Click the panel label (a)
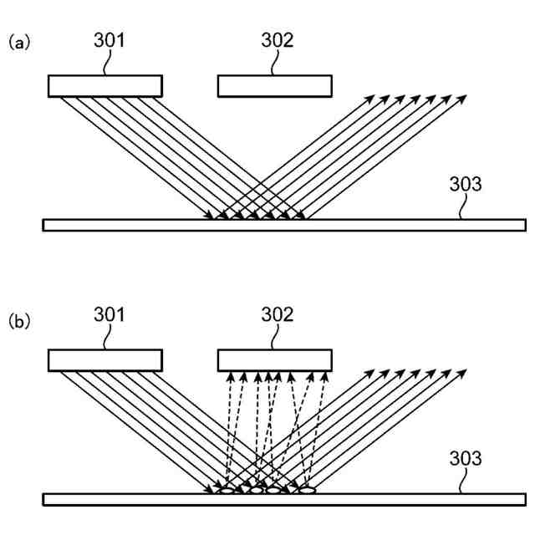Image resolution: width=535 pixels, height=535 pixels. [x=19, y=42]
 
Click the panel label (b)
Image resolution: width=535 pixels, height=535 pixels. [x=19, y=320]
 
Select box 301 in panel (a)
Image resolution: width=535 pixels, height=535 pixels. [x=104, y=86]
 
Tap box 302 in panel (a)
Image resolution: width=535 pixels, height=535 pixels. [x=274, y=86]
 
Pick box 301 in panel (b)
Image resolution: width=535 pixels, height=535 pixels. [x=104, y=360]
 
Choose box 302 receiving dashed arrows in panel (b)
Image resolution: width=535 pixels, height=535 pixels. [x=274, y=360]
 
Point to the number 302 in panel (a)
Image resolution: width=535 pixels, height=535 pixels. [x=278, y=40]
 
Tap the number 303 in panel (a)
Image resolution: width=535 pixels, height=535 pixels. [x=466, y=184]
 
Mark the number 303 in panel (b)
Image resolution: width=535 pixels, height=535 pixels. [x=466, y=459]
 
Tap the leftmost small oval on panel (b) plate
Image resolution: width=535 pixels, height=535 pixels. [x=226, y=491]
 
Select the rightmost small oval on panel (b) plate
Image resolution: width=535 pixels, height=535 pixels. [x=307, y=491]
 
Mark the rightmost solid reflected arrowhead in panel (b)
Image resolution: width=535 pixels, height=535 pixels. [x=463, y=373]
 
